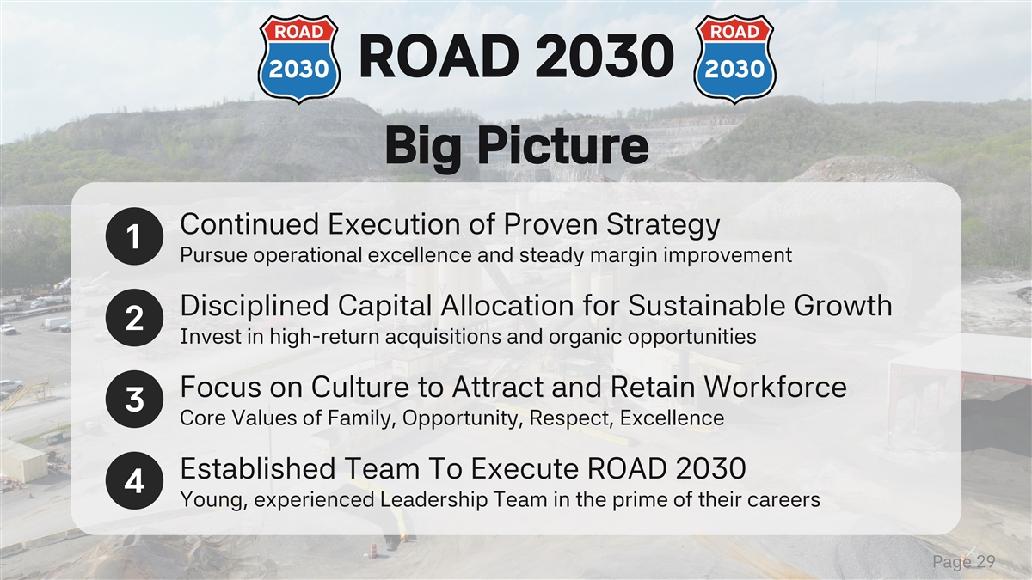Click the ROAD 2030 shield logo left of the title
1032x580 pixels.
point(299,58)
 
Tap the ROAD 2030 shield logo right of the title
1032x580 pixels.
point(734,58)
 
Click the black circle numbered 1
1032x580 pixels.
point(134,236)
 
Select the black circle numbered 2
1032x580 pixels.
point(134,318)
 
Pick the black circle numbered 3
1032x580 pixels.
point(134,399)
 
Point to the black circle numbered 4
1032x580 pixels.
point(134,480)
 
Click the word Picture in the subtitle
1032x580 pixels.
point(562,145)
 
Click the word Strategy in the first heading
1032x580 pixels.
point(662,226)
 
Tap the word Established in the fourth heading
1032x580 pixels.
point(258,468)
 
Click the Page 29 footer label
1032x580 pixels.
point(964,563)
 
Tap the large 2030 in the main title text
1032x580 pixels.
point(605,56)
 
